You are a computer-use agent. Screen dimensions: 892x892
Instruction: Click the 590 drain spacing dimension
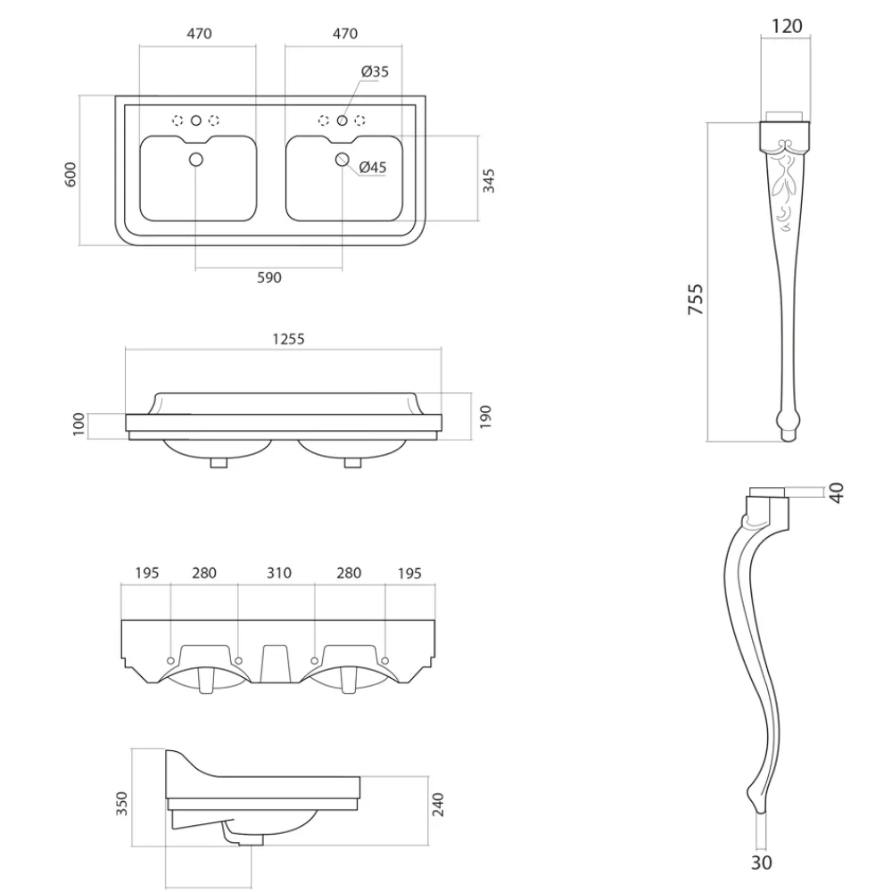[x=268, y=277]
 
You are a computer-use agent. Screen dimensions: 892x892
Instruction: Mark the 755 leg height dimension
[x=696, y=300]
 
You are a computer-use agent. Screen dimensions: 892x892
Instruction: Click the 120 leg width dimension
[x=786, y=26]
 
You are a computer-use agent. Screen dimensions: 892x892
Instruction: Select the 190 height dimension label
[x=486, y=416]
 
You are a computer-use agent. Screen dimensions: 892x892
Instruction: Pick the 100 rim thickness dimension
[x=78, y=424]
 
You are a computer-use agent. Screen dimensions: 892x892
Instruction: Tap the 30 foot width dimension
[x=761, y=862]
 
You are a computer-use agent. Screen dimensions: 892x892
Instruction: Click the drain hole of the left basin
[x=197, y=160]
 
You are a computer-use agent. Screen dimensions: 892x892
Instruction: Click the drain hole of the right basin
[x=342, y=159]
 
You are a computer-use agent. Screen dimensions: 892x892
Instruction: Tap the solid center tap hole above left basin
[x=196, y=120]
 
